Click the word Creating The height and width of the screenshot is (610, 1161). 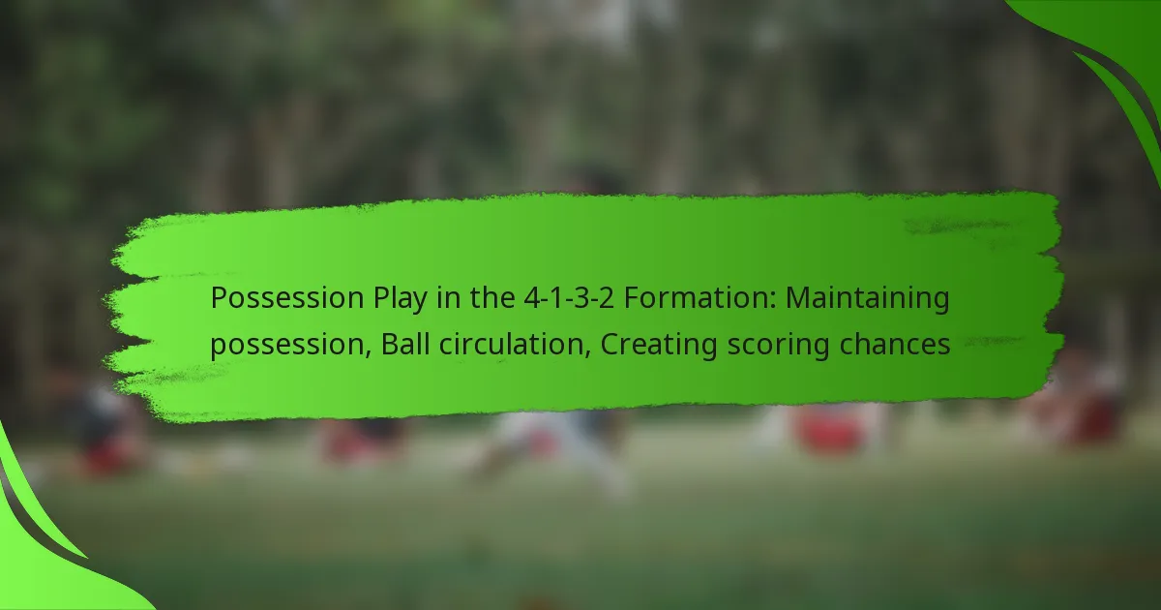659,346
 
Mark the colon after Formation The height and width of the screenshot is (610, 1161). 773,301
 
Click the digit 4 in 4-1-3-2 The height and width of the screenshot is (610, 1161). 532,298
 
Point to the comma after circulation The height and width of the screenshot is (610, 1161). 588,353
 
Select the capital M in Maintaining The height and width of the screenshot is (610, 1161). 798,298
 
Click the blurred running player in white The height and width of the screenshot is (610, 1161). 550,446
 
